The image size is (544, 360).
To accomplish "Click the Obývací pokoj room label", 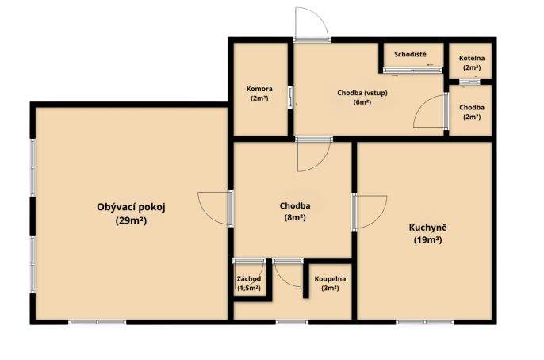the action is [131, 208].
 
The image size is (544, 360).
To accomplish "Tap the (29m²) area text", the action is [131, 220].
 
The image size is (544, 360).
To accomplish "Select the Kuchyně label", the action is [427, 228].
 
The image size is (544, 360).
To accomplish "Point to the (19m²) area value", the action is [427, 239].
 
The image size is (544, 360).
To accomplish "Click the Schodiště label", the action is [411, 54].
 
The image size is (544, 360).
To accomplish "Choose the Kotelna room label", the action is [472, 58].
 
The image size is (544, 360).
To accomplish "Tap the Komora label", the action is [259, 89].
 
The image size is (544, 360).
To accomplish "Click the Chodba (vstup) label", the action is [362, 93].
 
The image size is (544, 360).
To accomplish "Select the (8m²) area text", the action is [295, 218].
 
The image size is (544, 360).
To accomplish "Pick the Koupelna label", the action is [330, 279].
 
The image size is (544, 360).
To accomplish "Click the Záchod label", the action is [249, 279].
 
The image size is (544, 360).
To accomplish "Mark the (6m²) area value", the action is [362, 102].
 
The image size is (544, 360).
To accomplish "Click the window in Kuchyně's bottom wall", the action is [425, 322].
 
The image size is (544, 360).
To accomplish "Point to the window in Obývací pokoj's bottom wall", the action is [97, 322].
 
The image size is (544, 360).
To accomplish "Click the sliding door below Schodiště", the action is [413, 70].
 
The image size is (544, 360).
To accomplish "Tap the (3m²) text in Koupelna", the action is [330, 288].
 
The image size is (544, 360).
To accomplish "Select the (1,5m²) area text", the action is [249, 288].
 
